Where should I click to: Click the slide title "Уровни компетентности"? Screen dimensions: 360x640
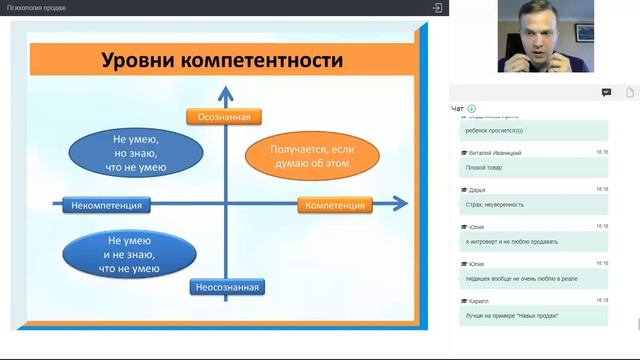(223, 61)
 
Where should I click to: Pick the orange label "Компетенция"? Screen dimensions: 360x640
(334, 205)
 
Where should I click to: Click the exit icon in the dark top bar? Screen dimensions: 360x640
(437, 7)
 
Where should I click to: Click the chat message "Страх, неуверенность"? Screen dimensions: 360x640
(494, 205)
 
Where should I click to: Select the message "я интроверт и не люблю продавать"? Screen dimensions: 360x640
(511, 242)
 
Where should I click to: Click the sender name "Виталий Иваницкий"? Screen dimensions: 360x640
(495, 152)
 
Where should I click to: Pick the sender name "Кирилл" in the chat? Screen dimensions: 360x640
(478, 301)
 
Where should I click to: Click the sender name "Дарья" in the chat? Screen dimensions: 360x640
(477, 189)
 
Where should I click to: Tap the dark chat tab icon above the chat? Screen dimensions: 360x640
(606, 92)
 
